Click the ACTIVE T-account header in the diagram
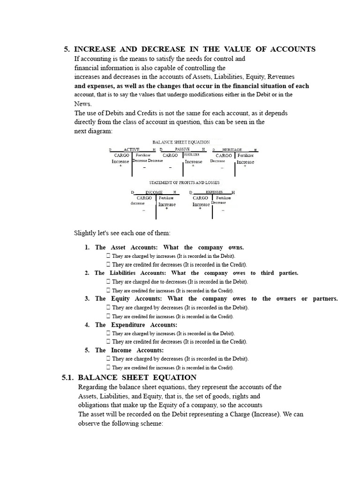[x=132, y=149]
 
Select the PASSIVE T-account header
[x=182, y=149]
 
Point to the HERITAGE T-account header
[x=232, y=149]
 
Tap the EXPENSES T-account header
[x=214, y=192]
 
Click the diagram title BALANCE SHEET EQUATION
[x=181, y=142]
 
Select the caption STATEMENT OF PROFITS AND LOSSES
[x=184, y=182]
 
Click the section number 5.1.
[x=68, y=377]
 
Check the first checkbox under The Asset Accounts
[x=108, y=256]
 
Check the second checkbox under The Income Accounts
[x=108, y=368]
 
